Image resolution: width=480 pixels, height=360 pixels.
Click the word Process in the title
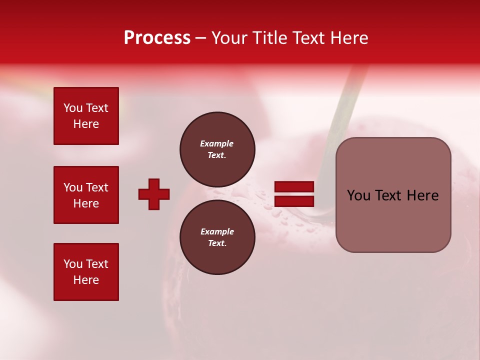click(x=157, y=38)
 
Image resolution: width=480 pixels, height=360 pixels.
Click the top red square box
click(x=86, y=116)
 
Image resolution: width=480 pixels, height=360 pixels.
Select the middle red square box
click(x=86, y=195)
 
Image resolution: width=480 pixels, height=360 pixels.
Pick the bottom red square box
click(x=86, y=272)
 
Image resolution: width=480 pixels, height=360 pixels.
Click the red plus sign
click(x=154, y=194)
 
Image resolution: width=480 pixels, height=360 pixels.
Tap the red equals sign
click(x=294, y=194)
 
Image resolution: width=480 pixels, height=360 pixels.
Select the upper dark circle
click(x=217, y=149)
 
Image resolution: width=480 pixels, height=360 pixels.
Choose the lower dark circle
click(x=217, y=237)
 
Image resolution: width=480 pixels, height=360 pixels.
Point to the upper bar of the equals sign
click(x=294, y=186)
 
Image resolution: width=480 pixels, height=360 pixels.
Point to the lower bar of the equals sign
click(x=294, y=201)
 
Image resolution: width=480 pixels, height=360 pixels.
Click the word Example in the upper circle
click(x=217, y=143)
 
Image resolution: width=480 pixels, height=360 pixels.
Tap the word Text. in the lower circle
click(x=217, y=243)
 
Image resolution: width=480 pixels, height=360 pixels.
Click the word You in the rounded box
click(x=359, y=195)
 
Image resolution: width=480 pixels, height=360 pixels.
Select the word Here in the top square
click(x=86, y=124)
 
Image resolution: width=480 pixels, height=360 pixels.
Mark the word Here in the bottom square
click(x=86, y=280)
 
